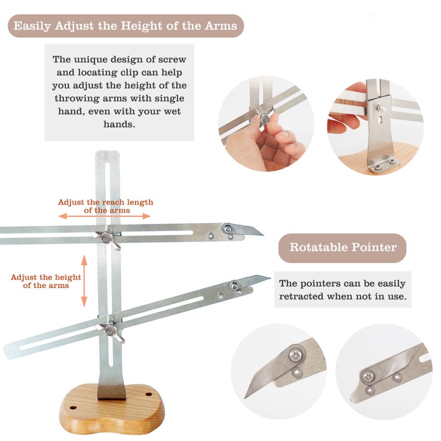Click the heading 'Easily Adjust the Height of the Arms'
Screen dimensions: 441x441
tap(126, 26)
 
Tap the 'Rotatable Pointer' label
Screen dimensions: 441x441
tap(343, 247)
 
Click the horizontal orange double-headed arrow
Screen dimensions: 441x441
tap(104, 216)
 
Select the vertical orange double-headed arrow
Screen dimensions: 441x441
tap(84, 281)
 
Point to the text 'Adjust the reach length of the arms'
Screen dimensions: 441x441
tap(105, 206)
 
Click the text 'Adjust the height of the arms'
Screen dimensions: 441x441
tap(46, 281)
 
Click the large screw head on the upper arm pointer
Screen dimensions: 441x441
tap(227, 227)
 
